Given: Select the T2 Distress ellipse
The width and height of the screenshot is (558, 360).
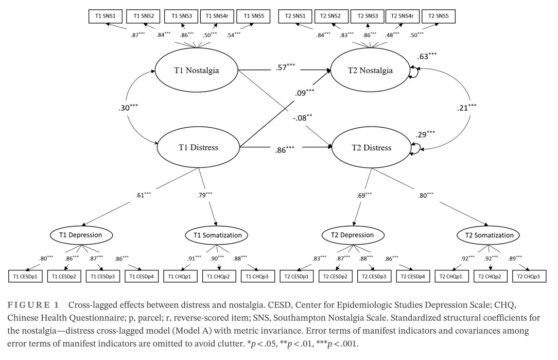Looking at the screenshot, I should [371, 148].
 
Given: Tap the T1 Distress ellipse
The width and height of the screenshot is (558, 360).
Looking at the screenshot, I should [198, 148].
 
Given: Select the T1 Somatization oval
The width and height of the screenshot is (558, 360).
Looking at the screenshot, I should [216, 235].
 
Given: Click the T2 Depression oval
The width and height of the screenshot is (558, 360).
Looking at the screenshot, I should [353, 235].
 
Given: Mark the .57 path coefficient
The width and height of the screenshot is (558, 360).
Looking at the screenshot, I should [282, 67].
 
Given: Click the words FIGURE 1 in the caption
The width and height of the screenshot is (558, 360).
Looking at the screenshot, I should [34, 304].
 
